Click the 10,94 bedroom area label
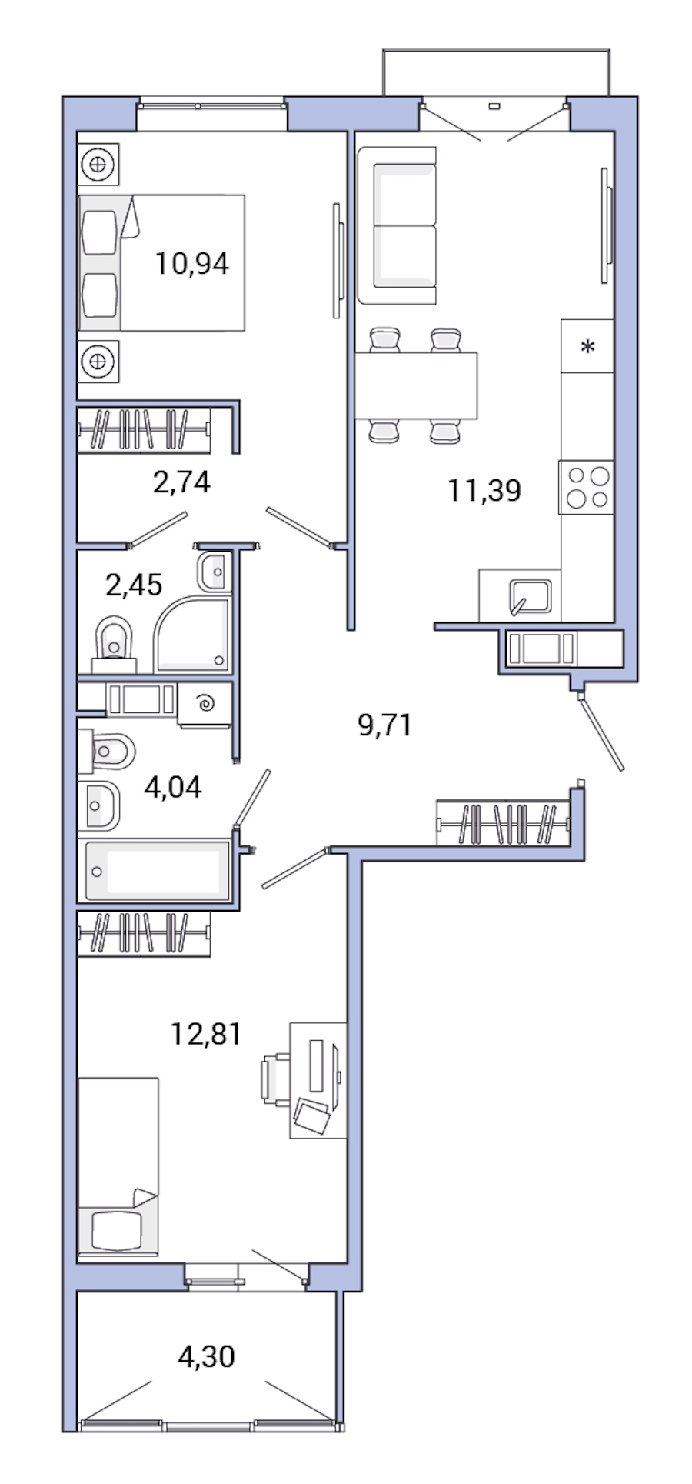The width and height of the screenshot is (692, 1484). tap(192, 264)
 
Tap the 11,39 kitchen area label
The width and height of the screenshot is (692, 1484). tap(484, 489)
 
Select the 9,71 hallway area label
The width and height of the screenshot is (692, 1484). tap(385, 725)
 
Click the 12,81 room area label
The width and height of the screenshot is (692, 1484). tap(205, 1034)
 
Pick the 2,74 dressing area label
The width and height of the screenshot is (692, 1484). tap(181, 482)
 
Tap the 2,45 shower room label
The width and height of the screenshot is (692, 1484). tap(134, 585)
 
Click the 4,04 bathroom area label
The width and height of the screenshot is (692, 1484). tap(173, 786)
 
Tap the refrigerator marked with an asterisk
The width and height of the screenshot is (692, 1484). tap(587, 347)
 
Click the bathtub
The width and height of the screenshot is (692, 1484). tap(158, 871)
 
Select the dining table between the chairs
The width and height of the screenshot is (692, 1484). tap(416, 385)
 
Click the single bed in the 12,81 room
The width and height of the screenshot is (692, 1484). tap(118, 1165)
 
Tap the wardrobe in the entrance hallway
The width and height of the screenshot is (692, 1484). tap(503, 824)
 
